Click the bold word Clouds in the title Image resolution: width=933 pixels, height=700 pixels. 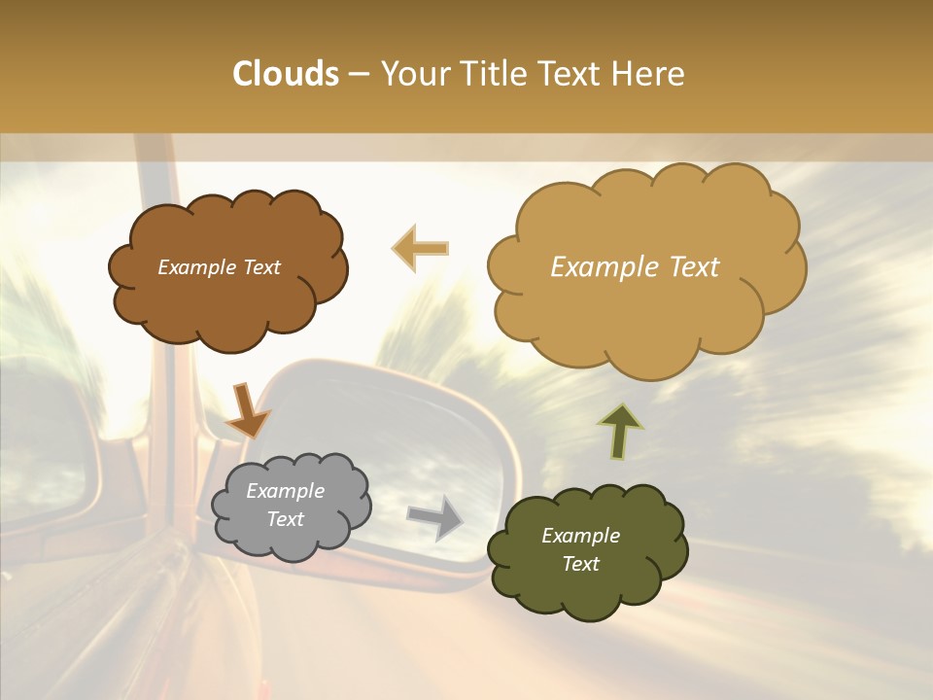[x=286, y=74]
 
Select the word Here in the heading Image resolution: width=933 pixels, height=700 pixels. [x=649, y=74]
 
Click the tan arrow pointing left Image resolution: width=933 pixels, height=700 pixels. [x=421, y=248]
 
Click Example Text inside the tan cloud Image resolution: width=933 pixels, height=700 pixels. [x=635, y=267]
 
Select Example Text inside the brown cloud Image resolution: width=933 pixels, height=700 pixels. [x=219, y=267]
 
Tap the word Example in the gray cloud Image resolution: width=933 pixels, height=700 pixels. [x=285, y=491]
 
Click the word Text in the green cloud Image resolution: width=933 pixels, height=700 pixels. [x=580, y=564]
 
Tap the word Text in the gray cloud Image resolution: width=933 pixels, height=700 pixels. [x=285, y=519]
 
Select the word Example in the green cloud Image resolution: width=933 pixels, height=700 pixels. [x=580, y=536]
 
